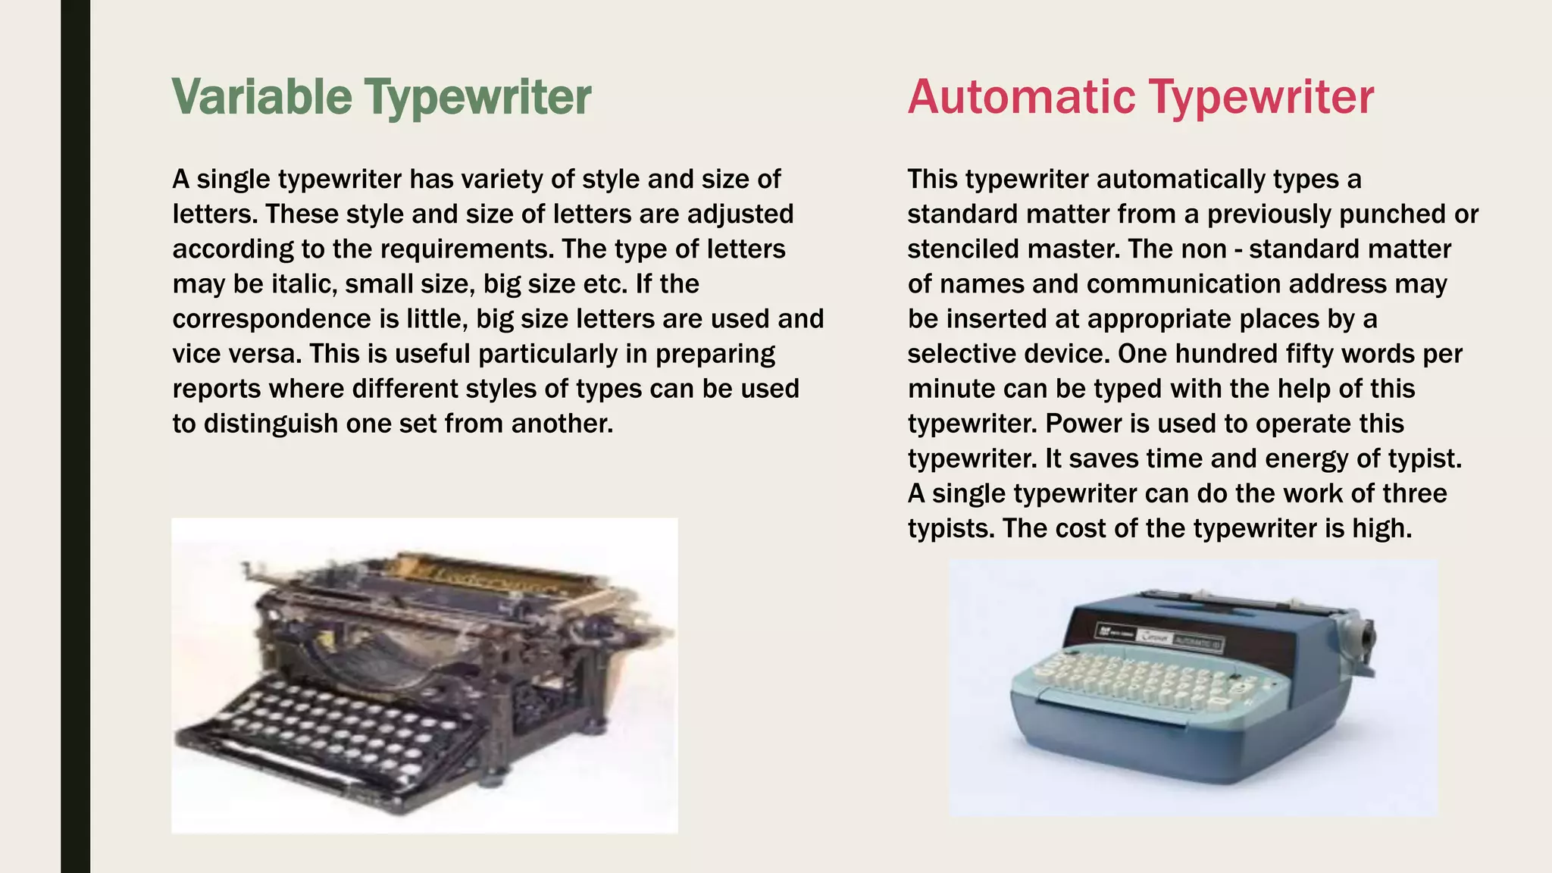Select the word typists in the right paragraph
pyautogui.click(x=950, y=528)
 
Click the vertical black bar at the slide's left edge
pyautogui.click(x=75, y=436)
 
